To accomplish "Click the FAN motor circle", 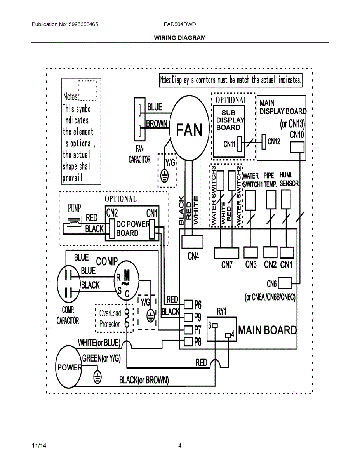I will tap(189, 128).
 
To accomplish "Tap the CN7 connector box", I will tap(226, 253).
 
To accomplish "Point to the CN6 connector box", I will tap(285, 283).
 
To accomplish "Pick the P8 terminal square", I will tap(188, 342).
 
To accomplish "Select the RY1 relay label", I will tap(222, 311).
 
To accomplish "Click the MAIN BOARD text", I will tap(267, 330).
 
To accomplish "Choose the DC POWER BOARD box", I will tap(132, 229).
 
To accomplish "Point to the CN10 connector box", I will tap(297, 147).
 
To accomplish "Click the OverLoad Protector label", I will tap(110, 318).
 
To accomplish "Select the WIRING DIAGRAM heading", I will tap(180, 38).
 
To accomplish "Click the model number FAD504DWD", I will tap(180, 24).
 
